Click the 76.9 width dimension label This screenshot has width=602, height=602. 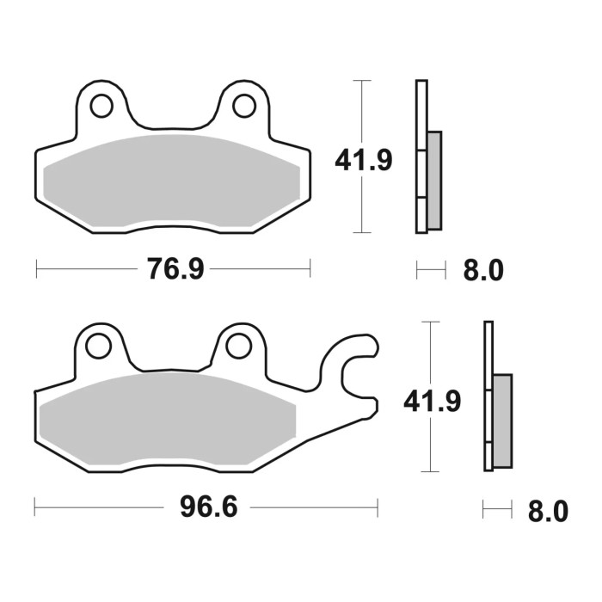[x=175, y=270]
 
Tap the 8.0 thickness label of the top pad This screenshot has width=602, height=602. [x=482, y=272]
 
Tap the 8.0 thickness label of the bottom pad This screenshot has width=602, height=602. [x=548, y=512]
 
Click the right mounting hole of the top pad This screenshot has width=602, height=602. [x=244, y=106]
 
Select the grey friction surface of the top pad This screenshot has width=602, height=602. [x=172, y=181]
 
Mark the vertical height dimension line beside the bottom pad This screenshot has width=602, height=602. [x=429, y=353]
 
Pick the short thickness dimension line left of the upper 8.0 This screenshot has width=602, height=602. [x=431, y=271]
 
